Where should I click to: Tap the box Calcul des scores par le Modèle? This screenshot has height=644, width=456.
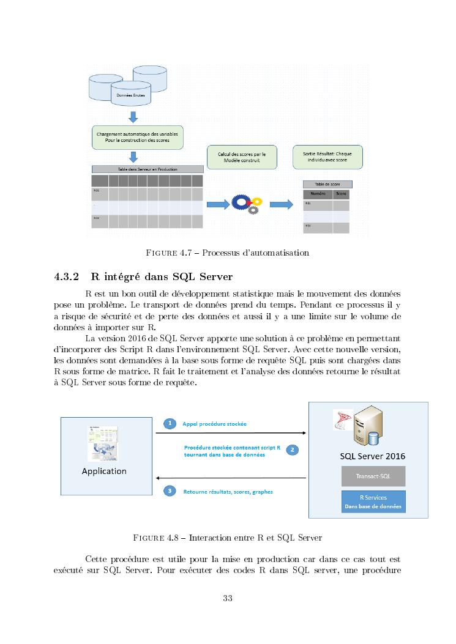(242, 157)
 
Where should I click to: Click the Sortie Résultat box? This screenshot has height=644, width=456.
(327, 157)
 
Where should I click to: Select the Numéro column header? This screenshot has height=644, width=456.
(318, 193)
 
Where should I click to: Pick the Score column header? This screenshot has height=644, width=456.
(341, 193)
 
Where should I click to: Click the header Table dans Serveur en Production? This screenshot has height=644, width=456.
(147, 169)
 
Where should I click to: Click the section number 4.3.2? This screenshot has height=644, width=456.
(66, 276)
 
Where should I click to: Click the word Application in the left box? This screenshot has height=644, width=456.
(104, 471)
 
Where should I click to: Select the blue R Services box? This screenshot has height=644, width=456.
(373, 502)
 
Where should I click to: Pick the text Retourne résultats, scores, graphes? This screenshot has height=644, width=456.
(228, 491)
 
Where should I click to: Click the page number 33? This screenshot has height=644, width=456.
(228, 598)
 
